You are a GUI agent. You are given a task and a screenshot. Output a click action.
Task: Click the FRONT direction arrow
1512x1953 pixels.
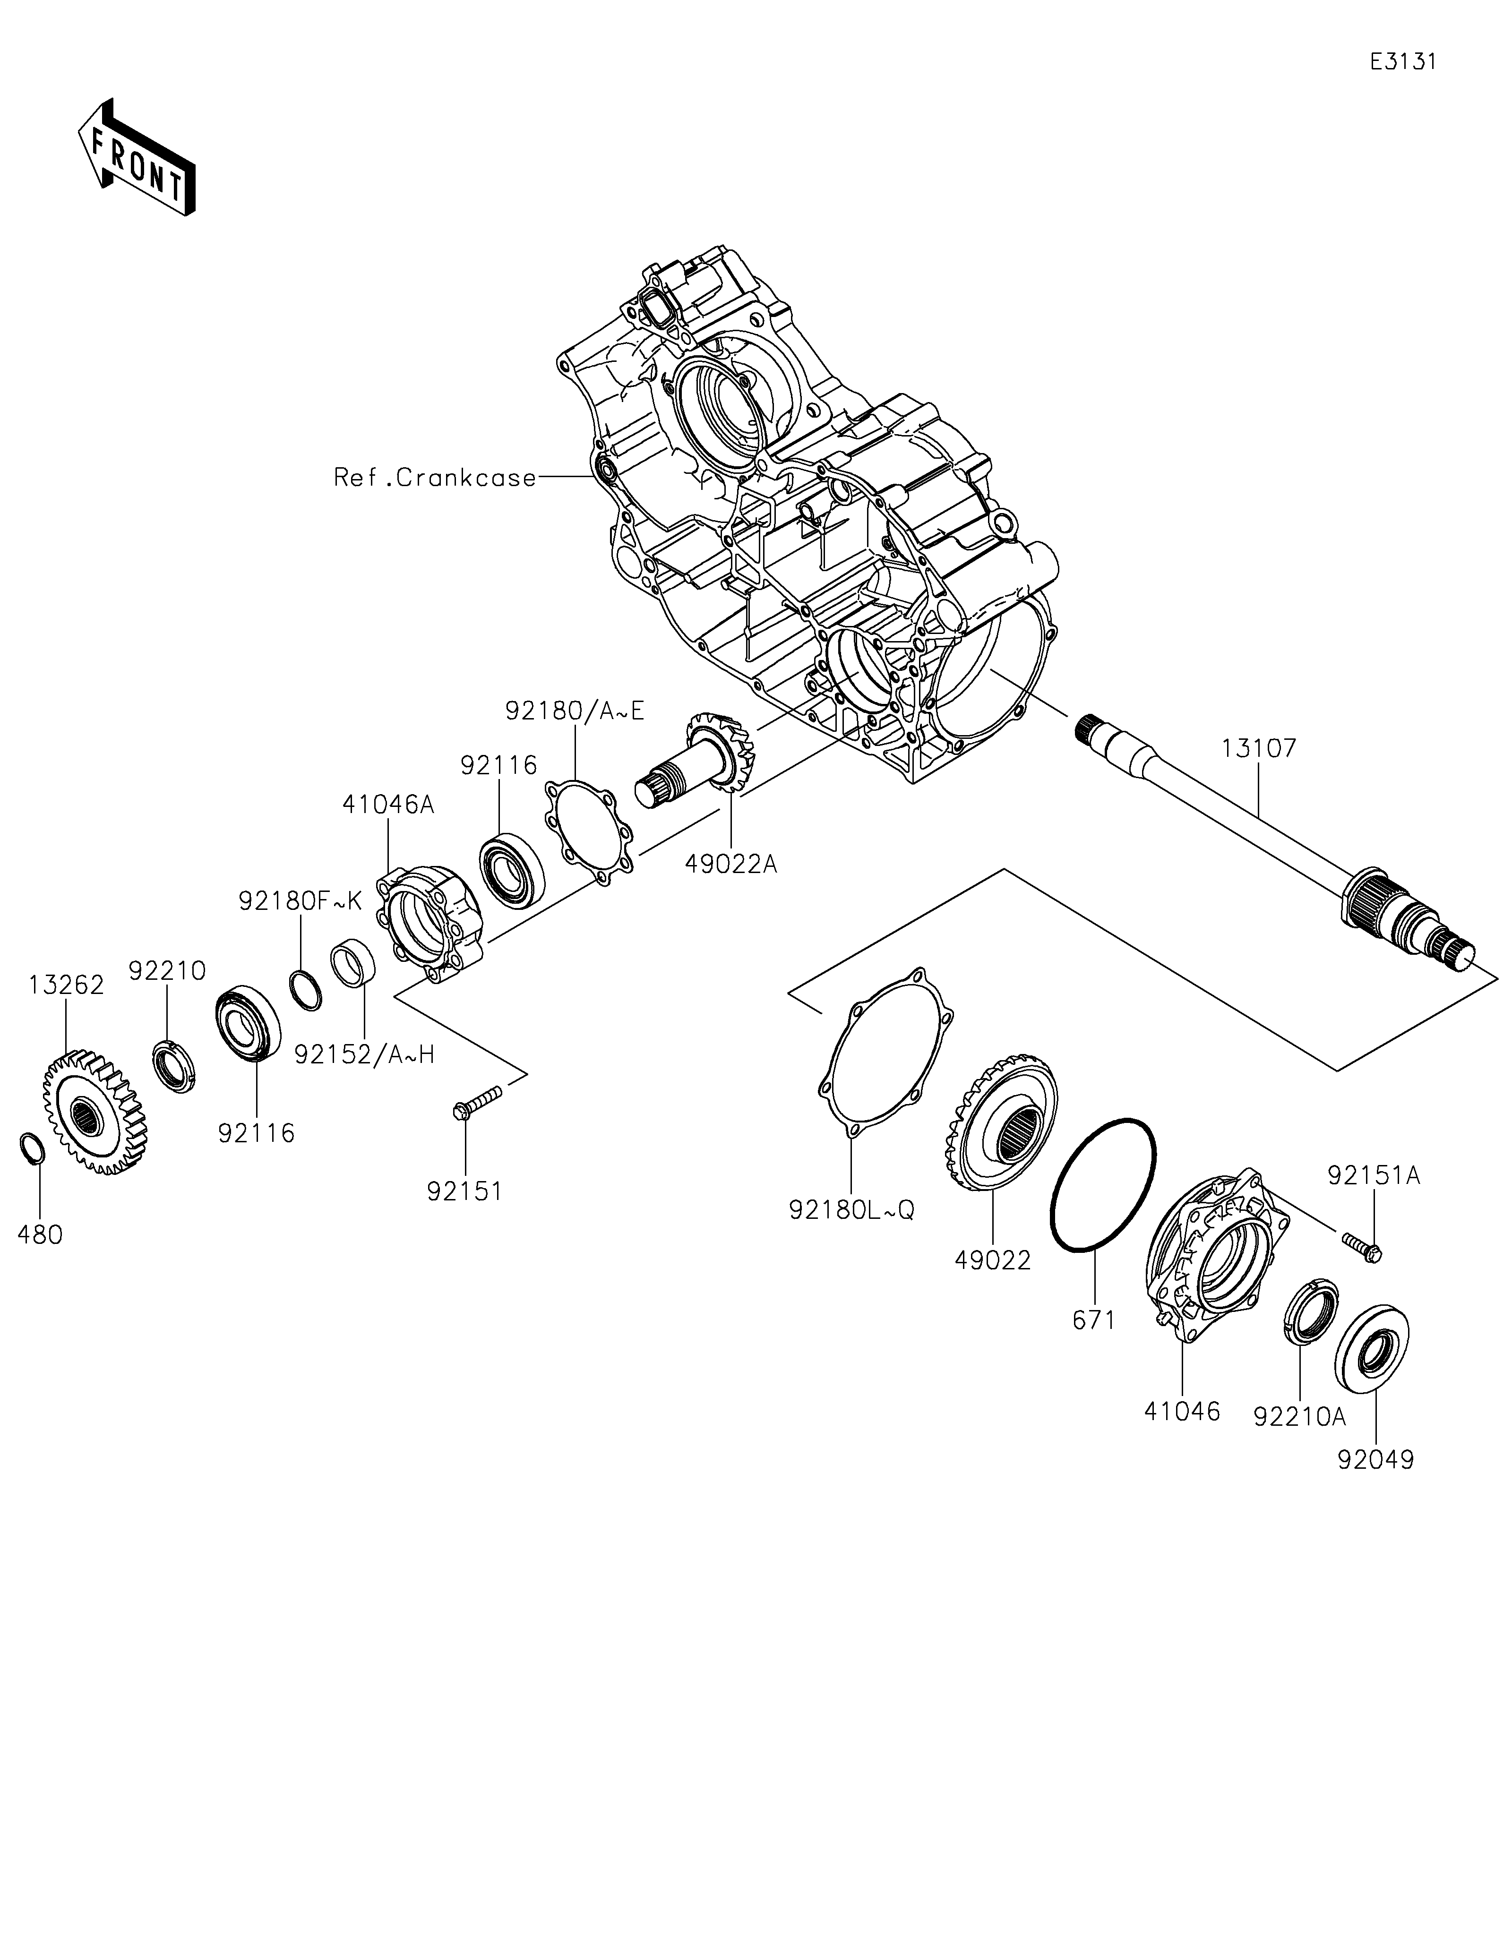tap(137, 156)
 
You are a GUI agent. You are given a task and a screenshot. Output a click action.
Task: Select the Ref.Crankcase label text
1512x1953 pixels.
tap(436, 478)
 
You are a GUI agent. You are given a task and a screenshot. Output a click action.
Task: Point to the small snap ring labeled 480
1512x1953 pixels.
tap(31, 1149)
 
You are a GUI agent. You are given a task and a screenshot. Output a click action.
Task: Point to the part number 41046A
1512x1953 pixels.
tap(388, 805)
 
